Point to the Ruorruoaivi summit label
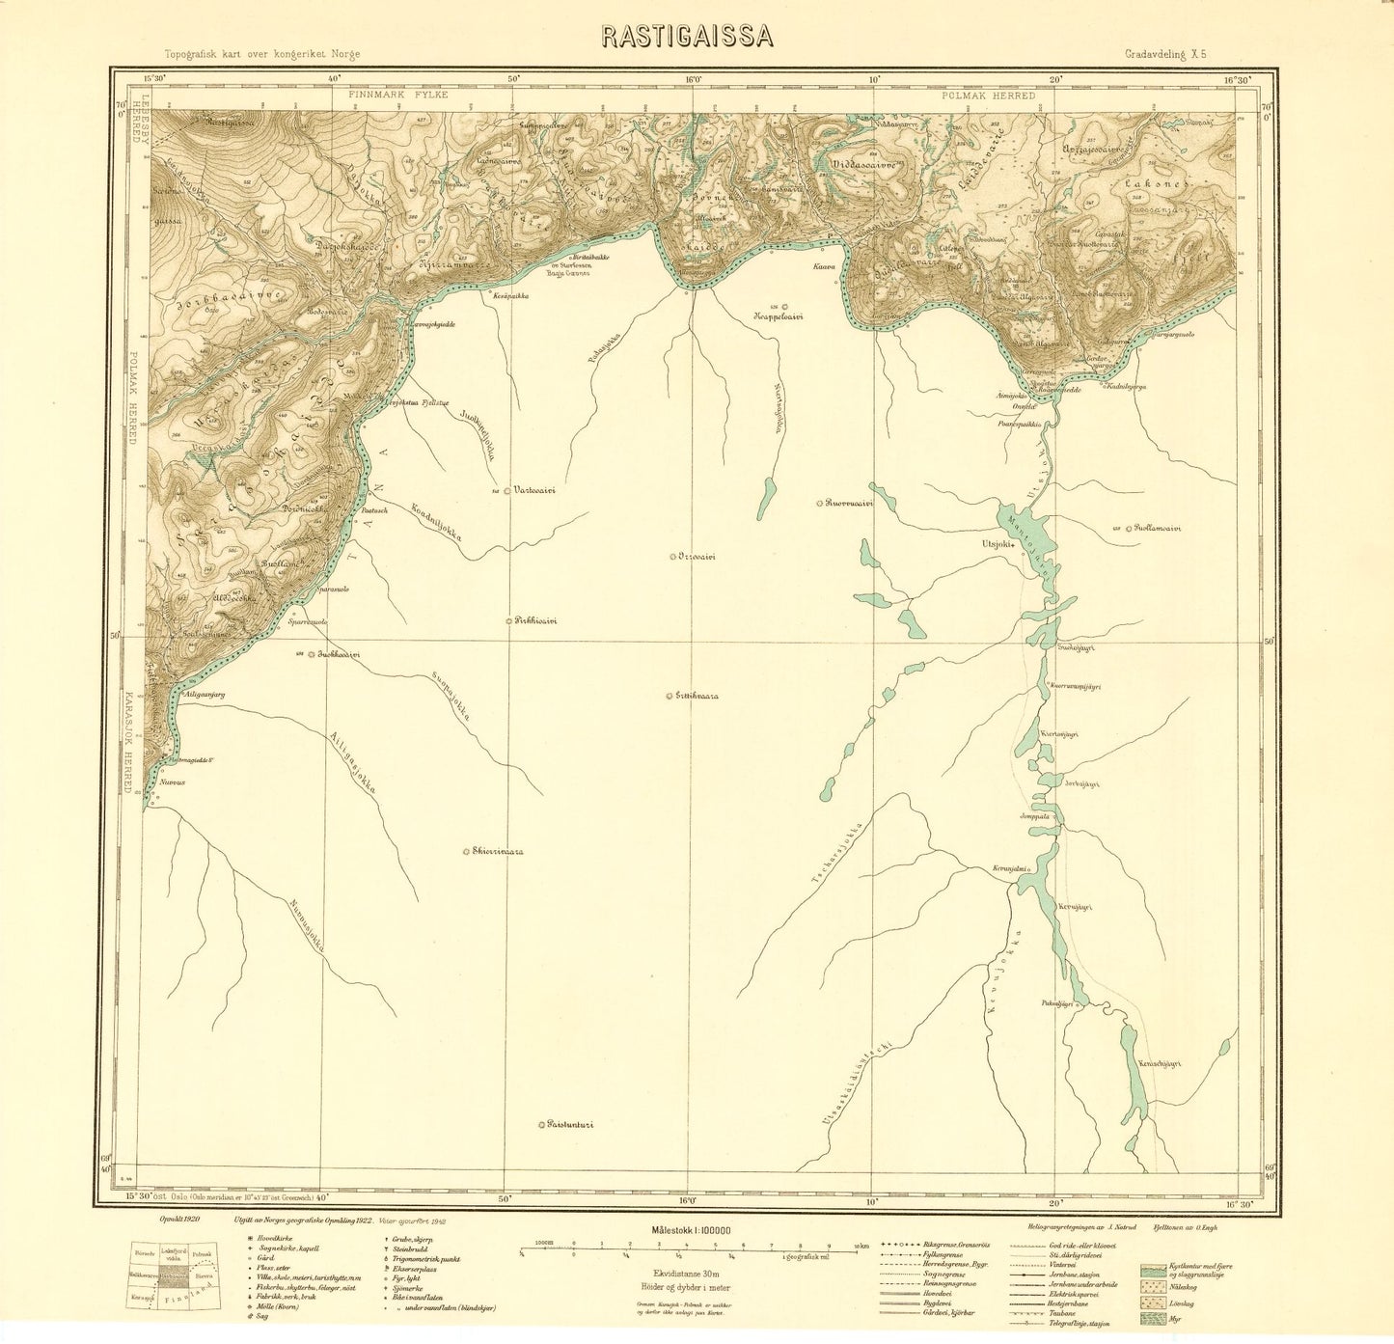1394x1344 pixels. pyautogui.click(x=848, y=503)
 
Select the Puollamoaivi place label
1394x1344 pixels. pyautogui.click(x=1158, y=528)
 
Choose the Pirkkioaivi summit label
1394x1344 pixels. pyautogui.click(x=535, y=620)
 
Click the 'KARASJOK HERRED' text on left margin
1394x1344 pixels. pyautogui.click(x=127, y=741)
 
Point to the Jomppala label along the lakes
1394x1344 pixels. pyautogui.click(x=1033, y=816)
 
